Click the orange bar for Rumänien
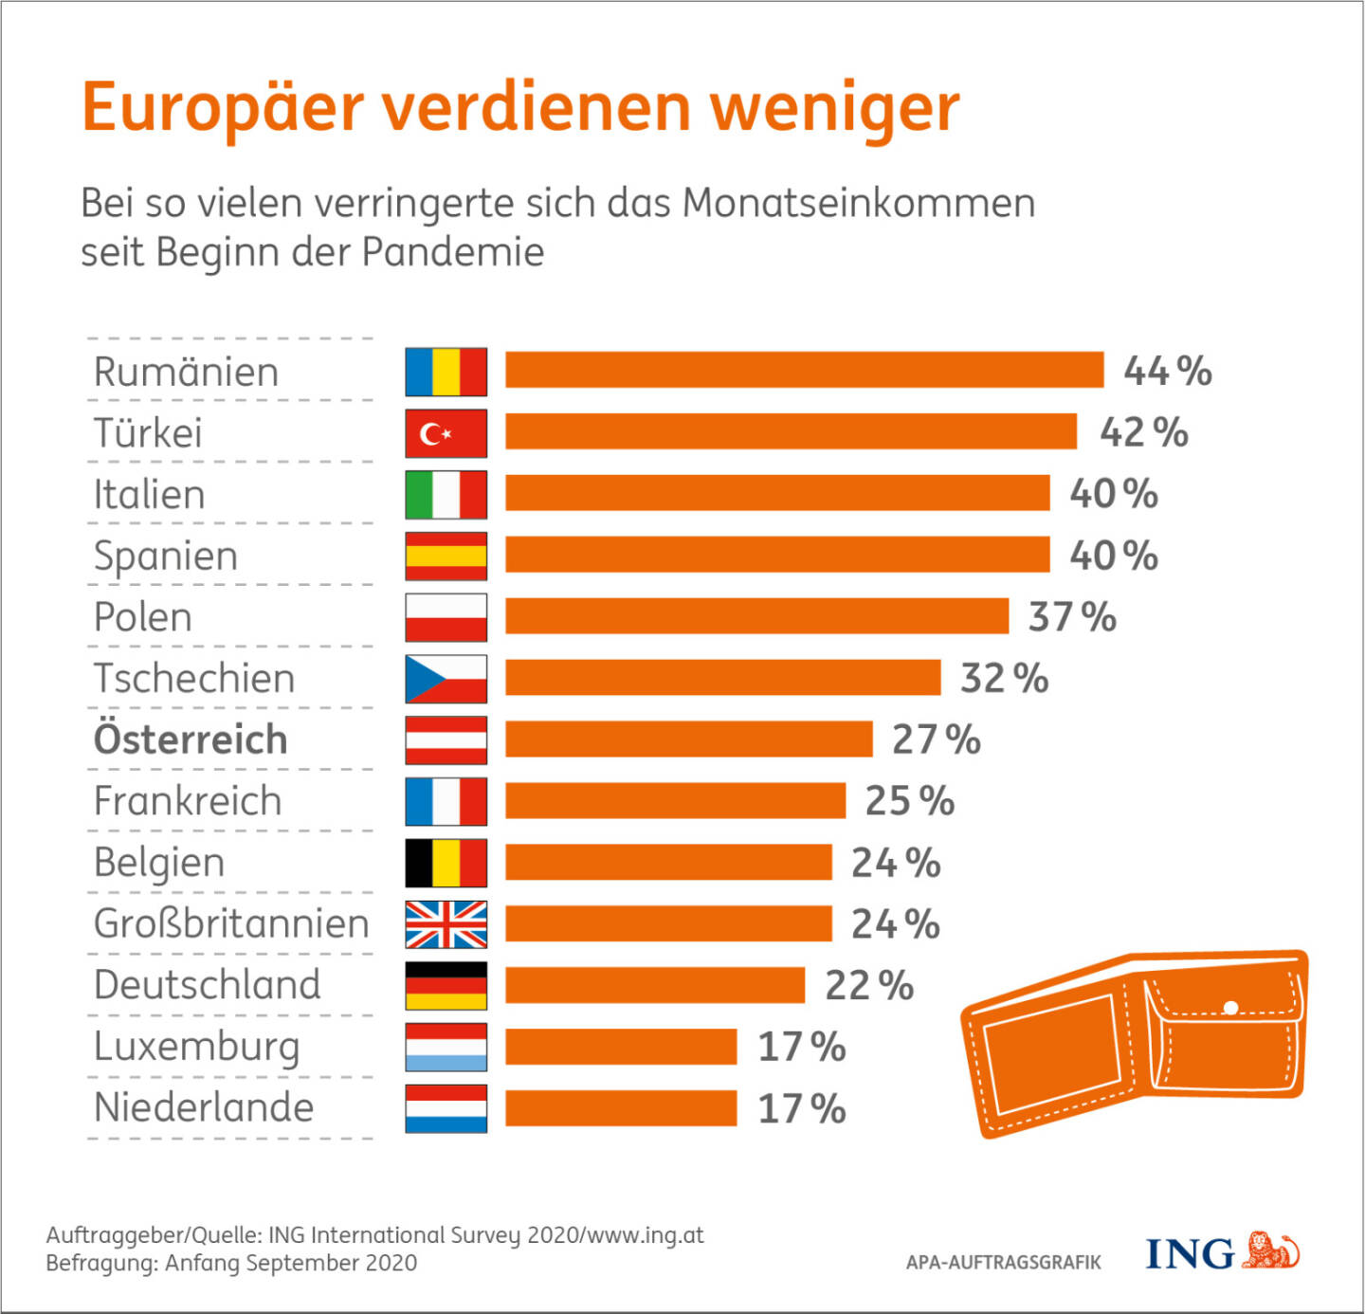[804, 370]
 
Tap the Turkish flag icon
[446, 433]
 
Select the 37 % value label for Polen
[1072, 617]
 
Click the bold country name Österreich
[191, 739]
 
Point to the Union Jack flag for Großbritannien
[446, 924]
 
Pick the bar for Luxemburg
[621, 1047]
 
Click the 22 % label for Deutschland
[869, 986]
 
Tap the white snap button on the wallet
[1230, 1007]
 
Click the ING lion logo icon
[1271, 1250]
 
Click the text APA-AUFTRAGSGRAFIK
[1003, 1263]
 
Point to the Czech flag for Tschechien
[446, 679]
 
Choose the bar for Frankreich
[675, 801]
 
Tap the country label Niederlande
[204, 1107]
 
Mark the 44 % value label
[1168, 371]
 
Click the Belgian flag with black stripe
[446, 863]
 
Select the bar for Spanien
[777, 555]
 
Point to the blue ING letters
[1190, 1253]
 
